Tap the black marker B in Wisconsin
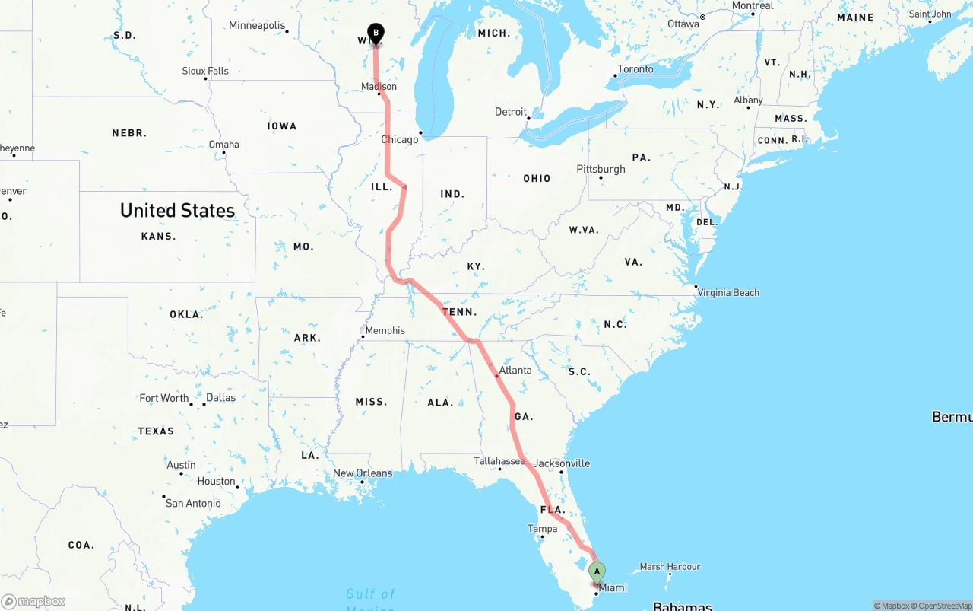point(376,33)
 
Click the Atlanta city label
point(515,371)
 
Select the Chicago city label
point(399,139)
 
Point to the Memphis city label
point(385,330)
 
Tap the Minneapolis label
point(257,25)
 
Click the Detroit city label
point(511,112)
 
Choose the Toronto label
point(635,69)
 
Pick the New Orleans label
point(363,473)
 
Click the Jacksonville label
point(562,463)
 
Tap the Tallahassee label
point(499,461)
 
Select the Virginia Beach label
point(728,292)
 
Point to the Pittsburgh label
point(601,169)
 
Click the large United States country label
point(177,211)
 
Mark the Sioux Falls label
point(205,71)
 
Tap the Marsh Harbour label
point(670,566)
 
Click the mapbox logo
point(33,602)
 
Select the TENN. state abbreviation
point(459,312)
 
